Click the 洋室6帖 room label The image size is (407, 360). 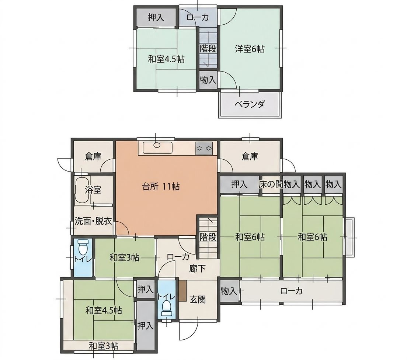point(250,49)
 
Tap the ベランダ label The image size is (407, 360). point(250,104)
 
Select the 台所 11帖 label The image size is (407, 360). point(161,187)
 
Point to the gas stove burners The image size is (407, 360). point(204,148)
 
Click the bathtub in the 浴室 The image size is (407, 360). point(82,190)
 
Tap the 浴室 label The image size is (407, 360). point(93,190)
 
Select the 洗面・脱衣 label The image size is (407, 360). point(93,221)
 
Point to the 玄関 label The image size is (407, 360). point(198,300)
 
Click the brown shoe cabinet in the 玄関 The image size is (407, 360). point(182,291)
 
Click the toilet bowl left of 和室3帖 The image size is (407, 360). point(83,247)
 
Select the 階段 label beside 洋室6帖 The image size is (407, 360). point(208,49)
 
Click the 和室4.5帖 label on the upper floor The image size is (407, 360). point(166,59)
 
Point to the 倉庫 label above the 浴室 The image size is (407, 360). point(93,157)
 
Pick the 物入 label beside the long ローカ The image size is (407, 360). point(229,291)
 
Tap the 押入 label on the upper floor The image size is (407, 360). point(156,18)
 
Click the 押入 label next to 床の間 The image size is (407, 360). point(239,184)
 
